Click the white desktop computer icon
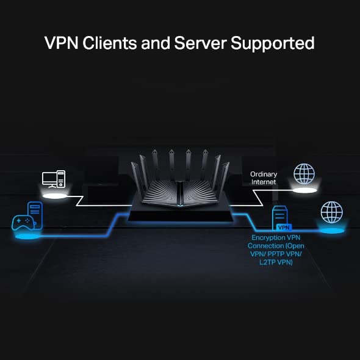coord(53,179)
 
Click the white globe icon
coord(304,173)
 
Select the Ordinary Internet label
coord(263,178)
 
